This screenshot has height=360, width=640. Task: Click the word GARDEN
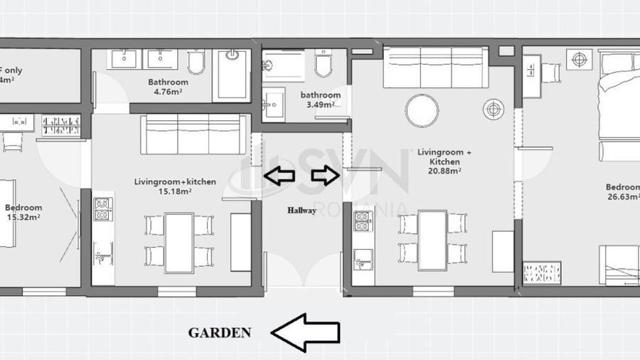pos(219,332)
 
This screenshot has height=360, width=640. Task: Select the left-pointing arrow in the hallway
pos(279,175)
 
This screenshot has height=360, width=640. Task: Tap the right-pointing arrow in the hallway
pos(326,175)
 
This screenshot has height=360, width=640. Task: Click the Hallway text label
pos(302,211)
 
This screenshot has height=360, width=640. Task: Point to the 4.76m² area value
pos(167,92)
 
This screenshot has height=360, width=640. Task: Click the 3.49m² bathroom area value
pos(319,105)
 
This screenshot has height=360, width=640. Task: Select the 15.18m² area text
pos(174,191)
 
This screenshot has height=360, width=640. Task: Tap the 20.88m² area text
pos(444,171)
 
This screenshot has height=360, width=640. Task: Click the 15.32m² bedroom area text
pos(23,218)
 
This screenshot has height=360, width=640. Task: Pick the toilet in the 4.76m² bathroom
pos(196,63)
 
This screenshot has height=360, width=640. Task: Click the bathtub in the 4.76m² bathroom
pos(233,75)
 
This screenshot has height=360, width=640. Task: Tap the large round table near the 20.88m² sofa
pos(422,111)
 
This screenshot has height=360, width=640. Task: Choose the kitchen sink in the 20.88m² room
pos(363,259)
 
